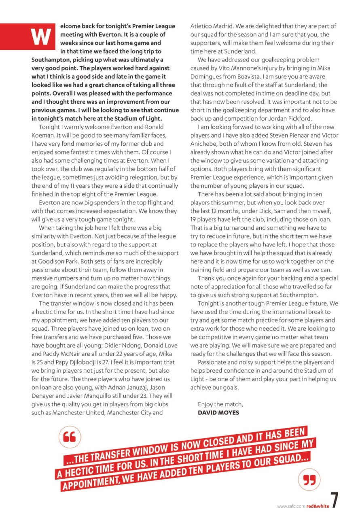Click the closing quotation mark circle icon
[x=309, y=480]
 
